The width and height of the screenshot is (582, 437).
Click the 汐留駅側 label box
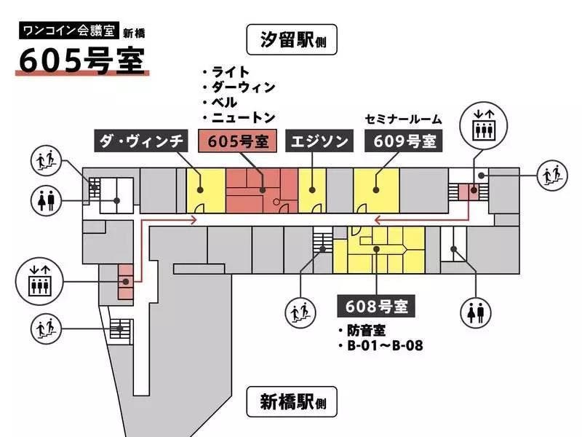(x=291, y=39)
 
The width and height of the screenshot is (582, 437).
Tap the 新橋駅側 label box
(x=291, y=401)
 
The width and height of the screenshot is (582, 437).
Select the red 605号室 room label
(x=238, y=141)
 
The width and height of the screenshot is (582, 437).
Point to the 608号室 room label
(x=376, y=306)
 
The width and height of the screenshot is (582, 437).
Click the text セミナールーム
(x=404, y=119)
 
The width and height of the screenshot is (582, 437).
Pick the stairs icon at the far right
(x=551, y=174)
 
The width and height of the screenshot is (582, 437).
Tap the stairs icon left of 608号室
(x=300, y=312)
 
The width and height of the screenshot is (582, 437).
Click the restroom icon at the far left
(x=45, y=199)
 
